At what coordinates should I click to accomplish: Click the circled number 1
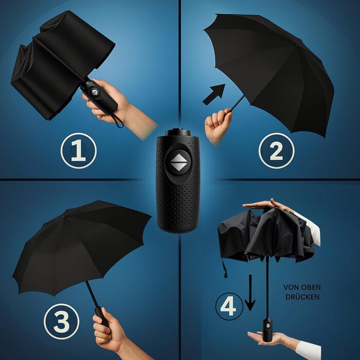coord(79,151)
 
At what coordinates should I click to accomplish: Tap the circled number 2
coord(277,151)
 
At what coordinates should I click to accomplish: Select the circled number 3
coord(62,321)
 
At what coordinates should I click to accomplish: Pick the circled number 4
coord(229,307)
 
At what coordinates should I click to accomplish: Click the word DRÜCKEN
coord(302,297)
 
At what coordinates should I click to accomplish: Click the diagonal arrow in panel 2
coord(214,94)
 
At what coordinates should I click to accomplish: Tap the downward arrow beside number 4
coord(250,293)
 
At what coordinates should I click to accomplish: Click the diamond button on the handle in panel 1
coord(94,92)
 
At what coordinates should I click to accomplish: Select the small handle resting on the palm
coord(267,329)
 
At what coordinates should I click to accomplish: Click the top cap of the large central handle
coord(178,132)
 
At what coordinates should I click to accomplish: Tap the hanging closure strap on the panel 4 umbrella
coord(224,268)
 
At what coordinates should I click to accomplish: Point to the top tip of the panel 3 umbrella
coord(64,217)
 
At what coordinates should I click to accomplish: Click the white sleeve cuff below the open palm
coord(308,350)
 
